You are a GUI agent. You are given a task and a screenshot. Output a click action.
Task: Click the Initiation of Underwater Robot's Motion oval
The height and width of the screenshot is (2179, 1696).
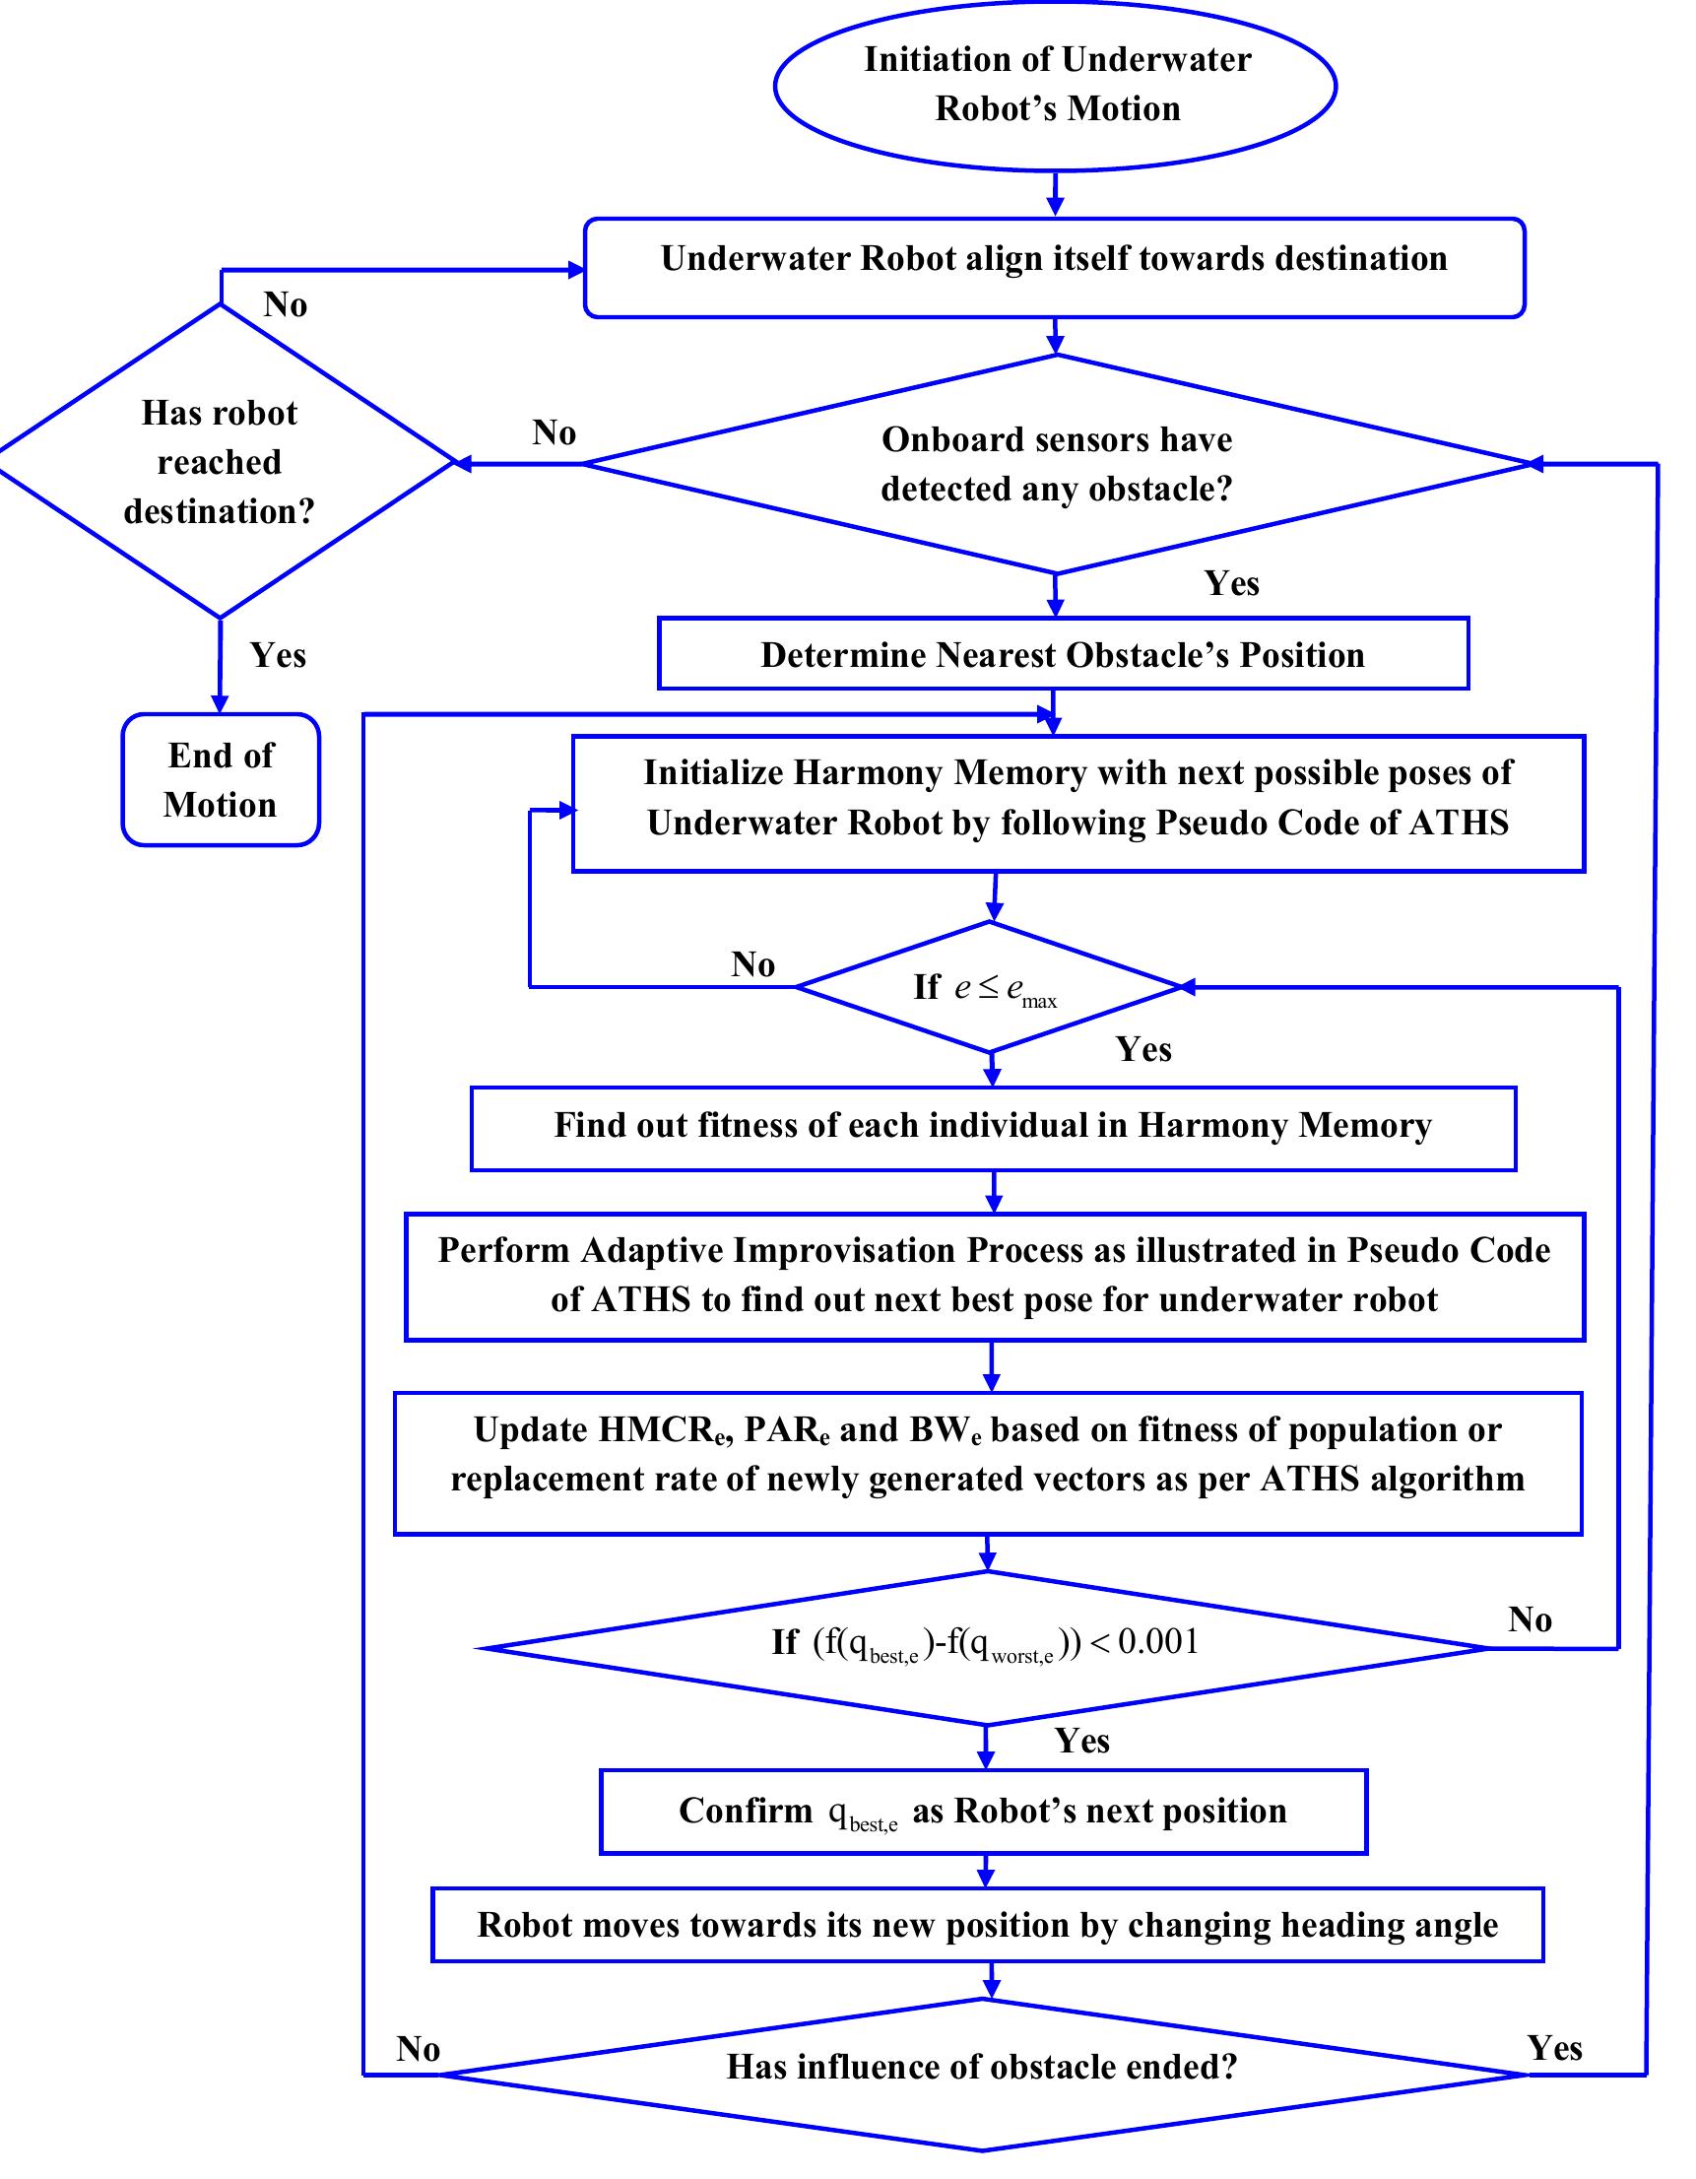(x=1056, y=85)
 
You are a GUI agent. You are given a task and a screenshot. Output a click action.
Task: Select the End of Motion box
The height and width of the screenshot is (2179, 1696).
(x=221, y=780)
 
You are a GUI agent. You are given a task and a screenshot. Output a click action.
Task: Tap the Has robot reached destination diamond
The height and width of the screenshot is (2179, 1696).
(x=220, y=462)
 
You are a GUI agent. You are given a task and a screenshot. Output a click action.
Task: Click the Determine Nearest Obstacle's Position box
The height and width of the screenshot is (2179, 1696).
(x=1063, y=654)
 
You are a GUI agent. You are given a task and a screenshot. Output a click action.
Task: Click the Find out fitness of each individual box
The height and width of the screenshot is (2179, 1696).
(x=993, y=1126)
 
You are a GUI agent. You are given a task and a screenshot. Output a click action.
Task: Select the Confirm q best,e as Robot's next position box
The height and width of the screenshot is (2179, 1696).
(x=983, y=1812)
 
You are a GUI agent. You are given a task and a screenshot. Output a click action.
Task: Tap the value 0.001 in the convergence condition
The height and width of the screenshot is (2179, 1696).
(x=1158, y=1641)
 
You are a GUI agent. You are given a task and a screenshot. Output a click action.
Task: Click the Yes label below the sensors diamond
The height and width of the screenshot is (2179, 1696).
(x=1231, y=583)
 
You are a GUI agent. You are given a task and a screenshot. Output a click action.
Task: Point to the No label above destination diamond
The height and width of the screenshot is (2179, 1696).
(x=286, y=305)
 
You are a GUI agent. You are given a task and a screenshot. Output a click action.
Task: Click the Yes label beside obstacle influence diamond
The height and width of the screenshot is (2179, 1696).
(x=1554, y=2048)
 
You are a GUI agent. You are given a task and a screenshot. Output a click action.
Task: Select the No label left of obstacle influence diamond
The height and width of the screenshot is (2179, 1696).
(x=417, y=2049)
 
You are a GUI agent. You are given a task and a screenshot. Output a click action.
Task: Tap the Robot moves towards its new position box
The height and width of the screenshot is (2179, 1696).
(x=987, y=1926)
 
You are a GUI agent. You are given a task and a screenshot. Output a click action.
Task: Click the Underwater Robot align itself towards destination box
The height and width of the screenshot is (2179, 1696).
(x=1054, y=267)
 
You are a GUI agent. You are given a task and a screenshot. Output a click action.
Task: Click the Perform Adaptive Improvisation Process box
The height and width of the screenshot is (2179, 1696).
(x=994, y=1276)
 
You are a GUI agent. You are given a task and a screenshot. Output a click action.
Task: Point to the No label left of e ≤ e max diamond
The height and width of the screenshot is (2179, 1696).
(x=752, y=964)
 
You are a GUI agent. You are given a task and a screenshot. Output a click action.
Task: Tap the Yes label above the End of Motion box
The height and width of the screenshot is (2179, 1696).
(x=278, y=655)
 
